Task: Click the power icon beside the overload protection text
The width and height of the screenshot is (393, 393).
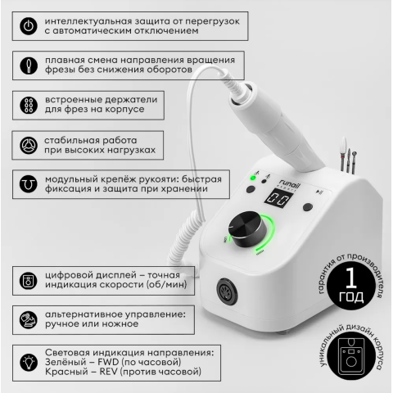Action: [29, 26]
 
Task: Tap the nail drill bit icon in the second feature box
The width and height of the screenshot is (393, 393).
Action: [29, 65]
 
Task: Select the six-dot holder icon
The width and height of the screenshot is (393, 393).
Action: [29, 105]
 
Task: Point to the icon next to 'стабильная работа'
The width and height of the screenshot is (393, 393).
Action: [29, 145]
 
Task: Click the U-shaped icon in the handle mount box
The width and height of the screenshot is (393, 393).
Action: [29, 184]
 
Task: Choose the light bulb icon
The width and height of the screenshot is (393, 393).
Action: [29, 363]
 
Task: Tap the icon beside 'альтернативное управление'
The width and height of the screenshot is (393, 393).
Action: [29, 319]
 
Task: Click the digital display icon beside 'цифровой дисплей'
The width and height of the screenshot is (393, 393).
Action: [29, 281]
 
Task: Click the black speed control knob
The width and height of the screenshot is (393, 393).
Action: [247, 228]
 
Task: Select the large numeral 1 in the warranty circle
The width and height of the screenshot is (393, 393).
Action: [350, 278]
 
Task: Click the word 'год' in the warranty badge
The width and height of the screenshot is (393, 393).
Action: [351, 297]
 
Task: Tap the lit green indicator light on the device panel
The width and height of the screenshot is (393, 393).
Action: [253, 178]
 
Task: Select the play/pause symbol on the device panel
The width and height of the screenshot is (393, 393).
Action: [318, 192]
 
